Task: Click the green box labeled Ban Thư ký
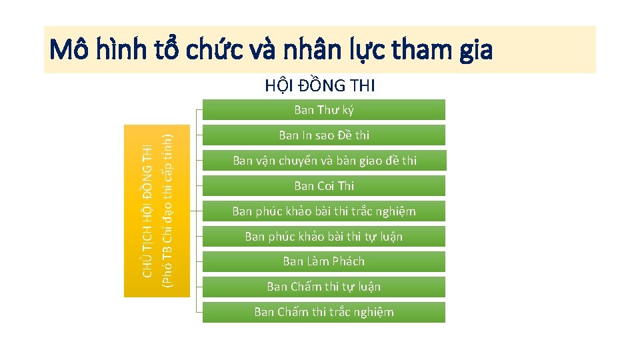(x=324, y=110)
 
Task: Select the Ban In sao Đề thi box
(x=324, y=135)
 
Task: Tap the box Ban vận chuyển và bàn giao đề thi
(x=324, y=161)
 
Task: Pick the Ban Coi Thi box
(x=324, y=186)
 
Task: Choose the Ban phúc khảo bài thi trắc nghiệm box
(x=324, y=211)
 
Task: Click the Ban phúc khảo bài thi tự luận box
(x=324, y=237)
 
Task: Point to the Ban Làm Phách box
(x=324, y=261)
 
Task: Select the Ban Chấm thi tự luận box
(x=324, y=287)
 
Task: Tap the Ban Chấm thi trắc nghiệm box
(x=324, y=312)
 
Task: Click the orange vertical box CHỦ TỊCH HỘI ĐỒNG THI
(x=157, y=211)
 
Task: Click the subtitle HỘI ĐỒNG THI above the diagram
(x=320, y=85)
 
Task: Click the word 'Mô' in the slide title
(x=69, y=49)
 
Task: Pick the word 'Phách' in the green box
(x=348, y=261)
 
